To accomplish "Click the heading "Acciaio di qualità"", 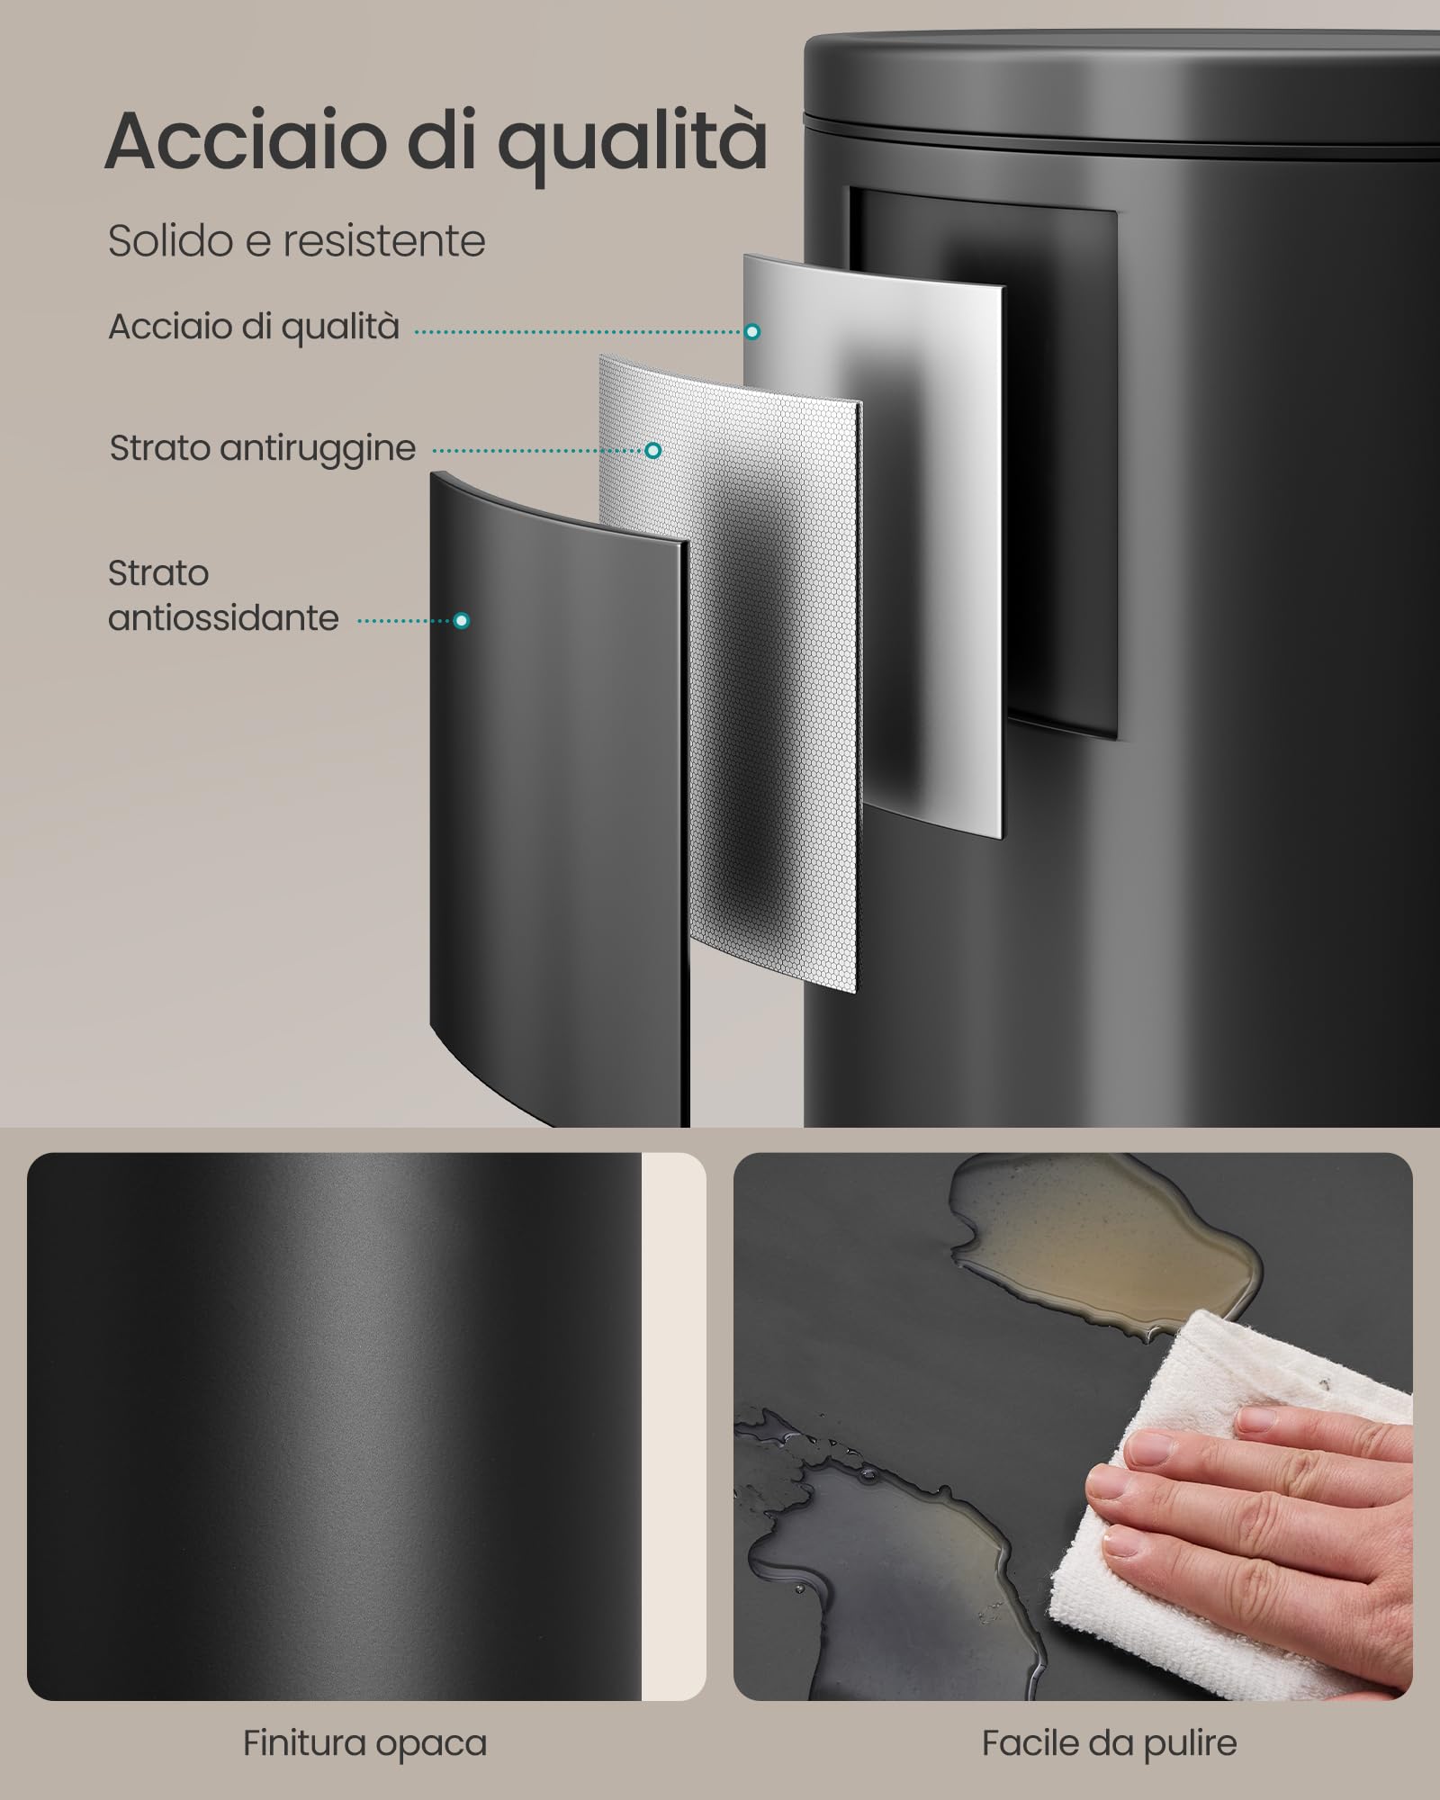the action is (436, 142).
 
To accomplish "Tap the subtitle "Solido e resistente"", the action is (297, 241).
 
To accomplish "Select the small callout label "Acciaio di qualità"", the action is (254, 327).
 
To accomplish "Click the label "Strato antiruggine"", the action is (263, 448).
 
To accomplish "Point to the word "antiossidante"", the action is (223, 618).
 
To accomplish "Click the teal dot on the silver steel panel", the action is (752, 332).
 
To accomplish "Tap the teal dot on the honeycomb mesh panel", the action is (653, 450).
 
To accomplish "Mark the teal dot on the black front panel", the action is (462, 620).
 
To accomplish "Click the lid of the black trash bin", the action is (1121, 81).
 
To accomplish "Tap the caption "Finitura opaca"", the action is (364, 1743).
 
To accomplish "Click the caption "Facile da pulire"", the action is (1109, 1743).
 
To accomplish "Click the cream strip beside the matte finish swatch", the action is (673, 1426).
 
